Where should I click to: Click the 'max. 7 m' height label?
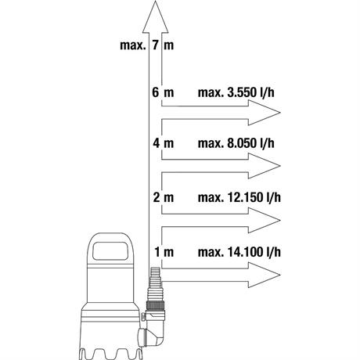tap(147, 45)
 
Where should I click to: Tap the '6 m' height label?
tap(163, 92)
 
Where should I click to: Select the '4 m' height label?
tap(164, 143)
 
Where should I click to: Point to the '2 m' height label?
tap(164, 197)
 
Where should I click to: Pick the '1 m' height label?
tap(164, 252)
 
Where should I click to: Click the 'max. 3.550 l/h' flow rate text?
tap(236, 93)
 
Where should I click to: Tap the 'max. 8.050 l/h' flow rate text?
tap(236, 143)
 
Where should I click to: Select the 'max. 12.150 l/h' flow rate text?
tap(239, 197)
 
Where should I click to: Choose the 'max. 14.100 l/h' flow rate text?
tap(239, 252)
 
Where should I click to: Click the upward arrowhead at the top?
tap(156, 17)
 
